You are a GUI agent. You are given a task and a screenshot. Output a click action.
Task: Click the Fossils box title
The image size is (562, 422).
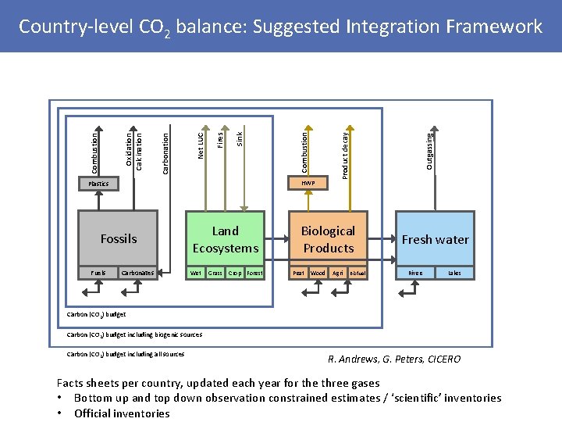tap(119, 239)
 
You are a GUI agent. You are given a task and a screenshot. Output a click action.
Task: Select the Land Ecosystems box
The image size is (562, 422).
tap(225, 239)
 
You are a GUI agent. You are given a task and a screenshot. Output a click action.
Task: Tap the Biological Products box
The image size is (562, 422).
tap(328, 239)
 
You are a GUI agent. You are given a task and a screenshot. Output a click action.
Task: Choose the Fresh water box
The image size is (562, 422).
tap(435, 239)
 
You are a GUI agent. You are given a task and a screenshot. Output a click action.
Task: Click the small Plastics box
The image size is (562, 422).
tap(98, 184)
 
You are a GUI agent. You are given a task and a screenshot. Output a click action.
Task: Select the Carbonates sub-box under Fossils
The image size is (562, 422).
tap(137, 274)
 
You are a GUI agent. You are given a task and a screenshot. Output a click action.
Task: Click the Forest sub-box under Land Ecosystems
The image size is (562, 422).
tap(254, 274)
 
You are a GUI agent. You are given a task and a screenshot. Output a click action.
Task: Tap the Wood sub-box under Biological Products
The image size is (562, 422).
tap(318, 274)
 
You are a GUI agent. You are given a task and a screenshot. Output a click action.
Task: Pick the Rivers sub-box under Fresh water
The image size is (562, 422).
tap(415, 274)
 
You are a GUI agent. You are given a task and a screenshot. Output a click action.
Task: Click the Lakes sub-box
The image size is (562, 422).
tap(454, 274)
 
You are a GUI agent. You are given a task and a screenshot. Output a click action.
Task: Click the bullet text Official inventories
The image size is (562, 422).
tap(122, 413)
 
